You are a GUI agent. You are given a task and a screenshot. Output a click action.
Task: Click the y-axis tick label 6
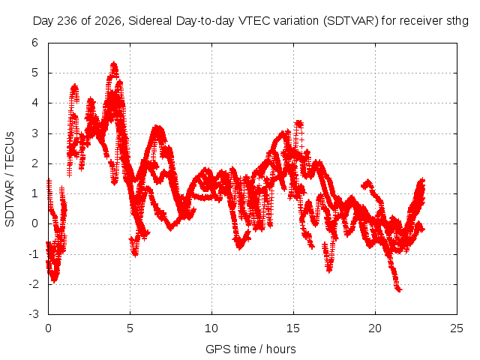(x=35, y=43)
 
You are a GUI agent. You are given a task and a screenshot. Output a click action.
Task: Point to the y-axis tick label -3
(x=34, y=314)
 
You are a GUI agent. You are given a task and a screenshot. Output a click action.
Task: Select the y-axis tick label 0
(x=35, y=223)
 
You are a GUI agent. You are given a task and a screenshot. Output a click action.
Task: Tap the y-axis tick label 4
(x=35, y=103)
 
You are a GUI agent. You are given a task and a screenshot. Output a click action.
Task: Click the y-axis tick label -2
(x=34, y=283)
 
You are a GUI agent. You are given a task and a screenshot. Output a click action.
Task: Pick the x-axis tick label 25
(x=457, y=328)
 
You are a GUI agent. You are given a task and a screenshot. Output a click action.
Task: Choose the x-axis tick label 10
(x=211, y=328)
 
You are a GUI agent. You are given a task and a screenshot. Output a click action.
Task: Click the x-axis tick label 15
(x=293, y=328)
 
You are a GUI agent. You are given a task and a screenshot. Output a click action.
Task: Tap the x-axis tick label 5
(x=130, y=328)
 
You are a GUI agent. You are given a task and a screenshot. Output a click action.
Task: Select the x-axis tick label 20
(x=375, y=328)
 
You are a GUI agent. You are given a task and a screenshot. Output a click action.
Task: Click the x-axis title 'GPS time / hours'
(x=250, y=349)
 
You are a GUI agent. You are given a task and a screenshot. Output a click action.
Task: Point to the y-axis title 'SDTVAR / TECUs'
(x=10, y=179)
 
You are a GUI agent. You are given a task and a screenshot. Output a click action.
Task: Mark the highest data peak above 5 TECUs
(x=114, y=64)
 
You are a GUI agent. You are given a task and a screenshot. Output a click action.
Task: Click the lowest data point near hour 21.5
(x=398, y=289)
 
